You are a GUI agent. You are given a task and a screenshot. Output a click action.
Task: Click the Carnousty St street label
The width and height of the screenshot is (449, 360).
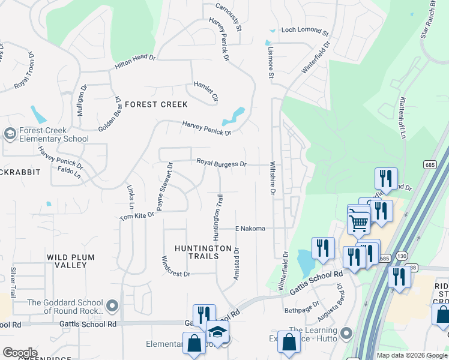pyautogui.click(x=229, y=17)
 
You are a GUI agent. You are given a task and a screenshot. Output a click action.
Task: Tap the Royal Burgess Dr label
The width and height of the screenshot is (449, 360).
pyautogui.click(x=221, y=163)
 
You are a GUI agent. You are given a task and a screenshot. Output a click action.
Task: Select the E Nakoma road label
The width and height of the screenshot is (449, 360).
pyautogui.click(x=250, y=229)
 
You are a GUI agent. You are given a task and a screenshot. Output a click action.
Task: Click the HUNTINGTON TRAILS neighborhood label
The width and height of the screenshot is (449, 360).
pyautogui.click(x=203, y=253)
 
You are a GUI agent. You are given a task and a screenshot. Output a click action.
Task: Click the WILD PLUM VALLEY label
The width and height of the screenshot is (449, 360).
pyautogui.click(x=71, y=261)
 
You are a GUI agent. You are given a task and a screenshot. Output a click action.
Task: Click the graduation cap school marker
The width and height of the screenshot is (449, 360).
pyautogui.click(x=217, y=331)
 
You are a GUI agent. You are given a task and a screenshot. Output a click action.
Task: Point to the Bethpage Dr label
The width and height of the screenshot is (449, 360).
pyautogui.click(x=298, y=310)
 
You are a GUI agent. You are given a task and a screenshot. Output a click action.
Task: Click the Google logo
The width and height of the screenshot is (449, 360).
pyautogui.click(x=20, y=353)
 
